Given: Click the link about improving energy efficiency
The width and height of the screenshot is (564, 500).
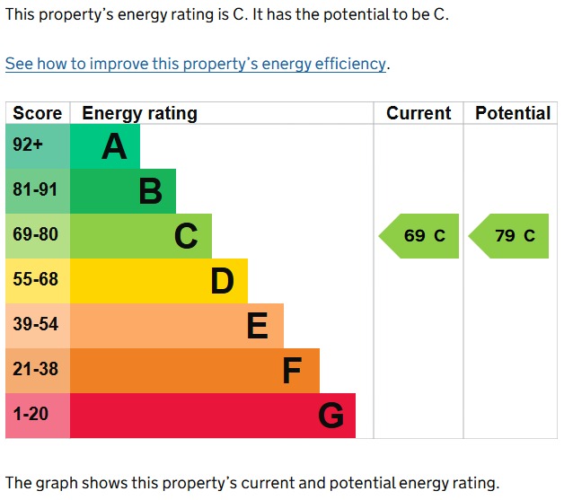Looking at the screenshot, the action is coord(196,64).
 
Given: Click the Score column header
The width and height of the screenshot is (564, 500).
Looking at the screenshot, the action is coord(38,113).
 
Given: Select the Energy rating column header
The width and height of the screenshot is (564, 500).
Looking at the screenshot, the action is coord(139,114).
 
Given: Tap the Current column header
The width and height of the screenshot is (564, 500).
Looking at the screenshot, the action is coord(419,113).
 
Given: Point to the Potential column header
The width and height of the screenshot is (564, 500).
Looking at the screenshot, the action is coord(513,113).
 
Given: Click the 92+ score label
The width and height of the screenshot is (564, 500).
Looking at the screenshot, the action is coord(28,145).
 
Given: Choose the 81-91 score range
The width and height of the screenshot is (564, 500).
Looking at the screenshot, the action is coord(35,189).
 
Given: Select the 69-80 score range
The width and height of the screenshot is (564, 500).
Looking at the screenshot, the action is coord(35,234).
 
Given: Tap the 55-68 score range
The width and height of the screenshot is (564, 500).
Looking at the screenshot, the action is coord(35,279).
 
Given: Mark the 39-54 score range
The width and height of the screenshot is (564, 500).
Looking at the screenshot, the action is coord(35,324).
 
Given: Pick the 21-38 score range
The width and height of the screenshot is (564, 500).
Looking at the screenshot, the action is coord(35,369).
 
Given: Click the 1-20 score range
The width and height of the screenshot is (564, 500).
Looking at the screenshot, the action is coord(31,414).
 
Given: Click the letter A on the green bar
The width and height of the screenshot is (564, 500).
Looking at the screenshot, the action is coord(114,146).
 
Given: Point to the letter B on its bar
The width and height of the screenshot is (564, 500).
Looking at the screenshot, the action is coord(151,191).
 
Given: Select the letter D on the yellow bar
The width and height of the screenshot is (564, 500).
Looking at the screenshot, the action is coord(223,281).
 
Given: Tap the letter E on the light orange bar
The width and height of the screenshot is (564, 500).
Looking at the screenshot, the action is coord(258,326).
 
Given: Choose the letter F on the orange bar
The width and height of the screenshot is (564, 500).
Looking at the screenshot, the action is coord(292,371).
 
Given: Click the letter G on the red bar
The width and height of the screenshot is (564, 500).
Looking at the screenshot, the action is coord(330,416).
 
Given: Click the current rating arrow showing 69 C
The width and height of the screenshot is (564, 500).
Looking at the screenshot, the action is coord(419,236).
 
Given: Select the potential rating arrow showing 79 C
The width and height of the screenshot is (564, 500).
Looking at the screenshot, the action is coord(508,236).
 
